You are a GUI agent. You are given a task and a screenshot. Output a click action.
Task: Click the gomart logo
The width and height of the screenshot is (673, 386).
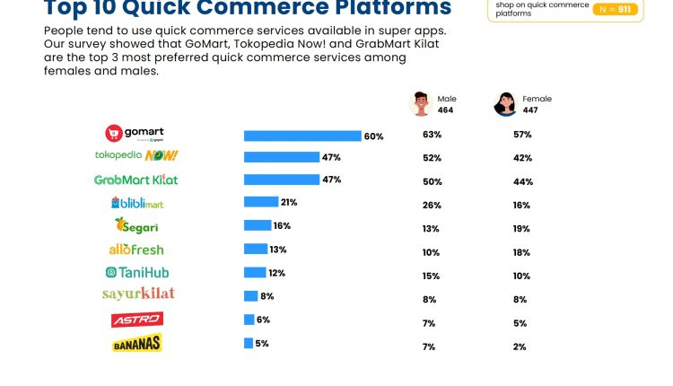[135, 134]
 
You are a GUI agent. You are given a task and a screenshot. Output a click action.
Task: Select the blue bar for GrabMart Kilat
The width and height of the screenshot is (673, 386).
[282, 180]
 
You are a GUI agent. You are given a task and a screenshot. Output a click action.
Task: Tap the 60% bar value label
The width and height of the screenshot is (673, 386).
[373, 136]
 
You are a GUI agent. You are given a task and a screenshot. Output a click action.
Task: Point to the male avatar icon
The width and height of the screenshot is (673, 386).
[421, 103]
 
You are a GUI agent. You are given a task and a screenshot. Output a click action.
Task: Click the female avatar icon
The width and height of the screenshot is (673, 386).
[504, 103]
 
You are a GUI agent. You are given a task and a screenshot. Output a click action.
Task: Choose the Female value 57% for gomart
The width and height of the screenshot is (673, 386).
[522, 135]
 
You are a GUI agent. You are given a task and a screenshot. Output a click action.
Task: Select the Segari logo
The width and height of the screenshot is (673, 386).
[136, 226]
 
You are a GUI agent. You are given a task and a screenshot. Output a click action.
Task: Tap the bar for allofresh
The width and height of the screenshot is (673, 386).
[256, 249]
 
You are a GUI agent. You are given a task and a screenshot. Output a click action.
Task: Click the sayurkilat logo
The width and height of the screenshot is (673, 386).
[138, 294]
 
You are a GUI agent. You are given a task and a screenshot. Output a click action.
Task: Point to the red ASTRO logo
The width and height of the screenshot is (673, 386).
[136, 320]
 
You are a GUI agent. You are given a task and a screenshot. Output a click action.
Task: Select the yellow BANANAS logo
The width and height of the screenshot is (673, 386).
[136, 343]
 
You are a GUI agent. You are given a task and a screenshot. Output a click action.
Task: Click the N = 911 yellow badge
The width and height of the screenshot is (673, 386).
[616, 10]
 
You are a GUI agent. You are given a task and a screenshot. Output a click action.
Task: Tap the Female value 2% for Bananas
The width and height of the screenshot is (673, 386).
[520, 347]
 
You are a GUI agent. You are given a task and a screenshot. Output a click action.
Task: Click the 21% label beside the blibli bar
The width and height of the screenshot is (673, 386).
[289, 202]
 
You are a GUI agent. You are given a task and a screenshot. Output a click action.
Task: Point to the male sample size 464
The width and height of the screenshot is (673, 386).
[446, 110]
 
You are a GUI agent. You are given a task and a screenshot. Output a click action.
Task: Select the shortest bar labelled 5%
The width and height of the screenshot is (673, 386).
[249, 343]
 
